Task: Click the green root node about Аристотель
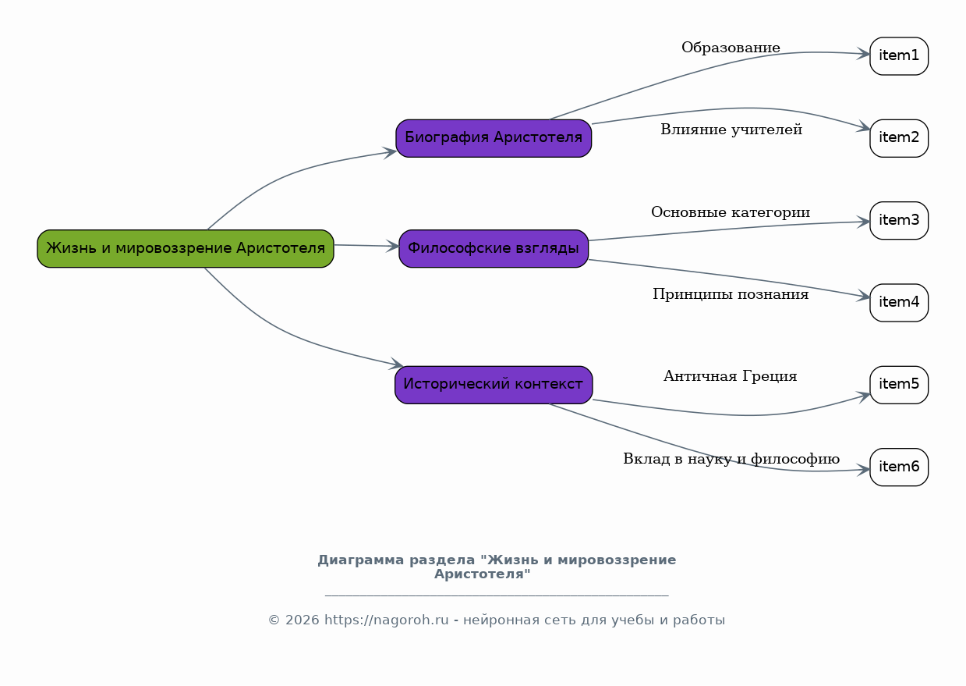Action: pos(186,249)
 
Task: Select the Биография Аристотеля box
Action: pos(494,138)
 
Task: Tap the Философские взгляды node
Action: pos(494,249)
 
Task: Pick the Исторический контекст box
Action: pos(494,385)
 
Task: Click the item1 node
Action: pos(899,56)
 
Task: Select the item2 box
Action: pos(899,138)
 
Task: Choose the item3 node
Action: pos(899,221)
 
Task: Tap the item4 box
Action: pos(899,303)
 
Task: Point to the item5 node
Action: pos(899,385)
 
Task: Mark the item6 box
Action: pos(899,467)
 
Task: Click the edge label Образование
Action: pos(731,48)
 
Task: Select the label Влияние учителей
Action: pos(731,130)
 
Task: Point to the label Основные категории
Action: pos(731,213)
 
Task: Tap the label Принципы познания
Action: pos(731,295)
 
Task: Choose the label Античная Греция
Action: pos(730,377)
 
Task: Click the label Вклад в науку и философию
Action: pos(731,460)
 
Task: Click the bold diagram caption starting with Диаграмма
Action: pos(497,567)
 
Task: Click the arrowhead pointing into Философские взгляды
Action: pos(393,247)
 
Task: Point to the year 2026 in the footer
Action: pos(299,620)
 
